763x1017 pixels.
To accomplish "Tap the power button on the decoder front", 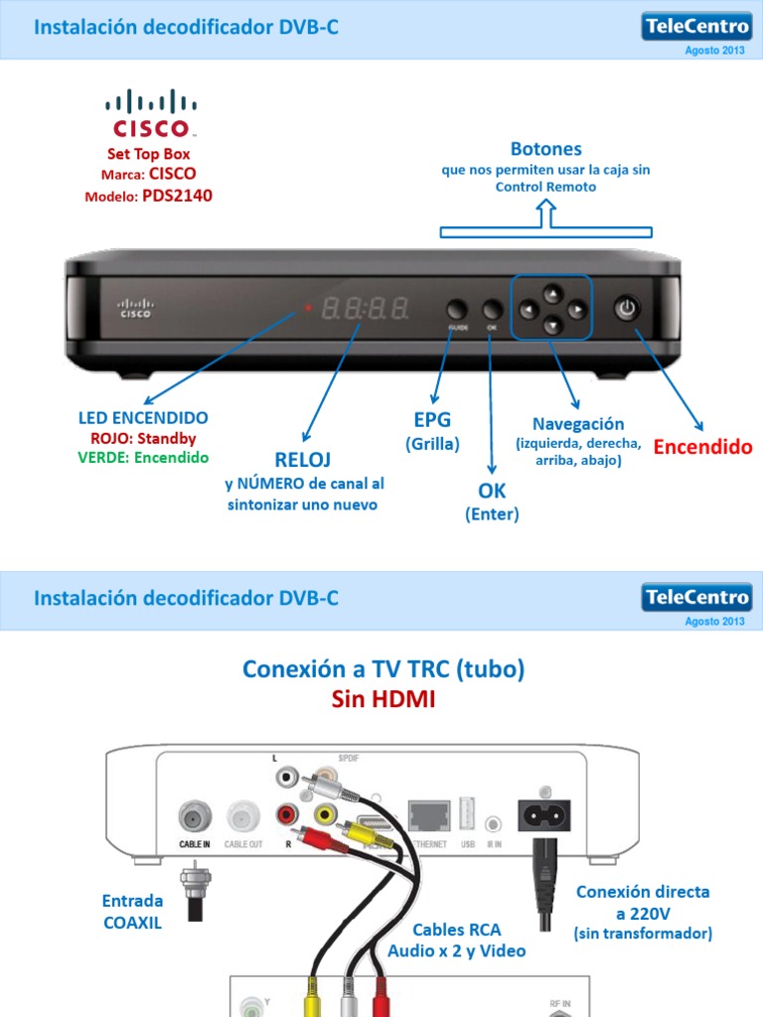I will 626,309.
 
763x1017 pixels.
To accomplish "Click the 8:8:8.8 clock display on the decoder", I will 365,309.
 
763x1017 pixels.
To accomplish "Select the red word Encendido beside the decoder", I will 702,447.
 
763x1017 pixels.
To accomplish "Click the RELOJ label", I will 303,459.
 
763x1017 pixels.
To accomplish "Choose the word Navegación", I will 578,423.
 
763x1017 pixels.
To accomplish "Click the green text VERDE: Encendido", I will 143,458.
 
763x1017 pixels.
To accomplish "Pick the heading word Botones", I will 545,149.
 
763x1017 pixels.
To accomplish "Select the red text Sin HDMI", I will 382,701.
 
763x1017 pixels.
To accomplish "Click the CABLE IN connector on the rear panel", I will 194,817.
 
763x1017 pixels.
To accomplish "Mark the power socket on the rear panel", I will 545,816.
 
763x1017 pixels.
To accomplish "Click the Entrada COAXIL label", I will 132,911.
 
